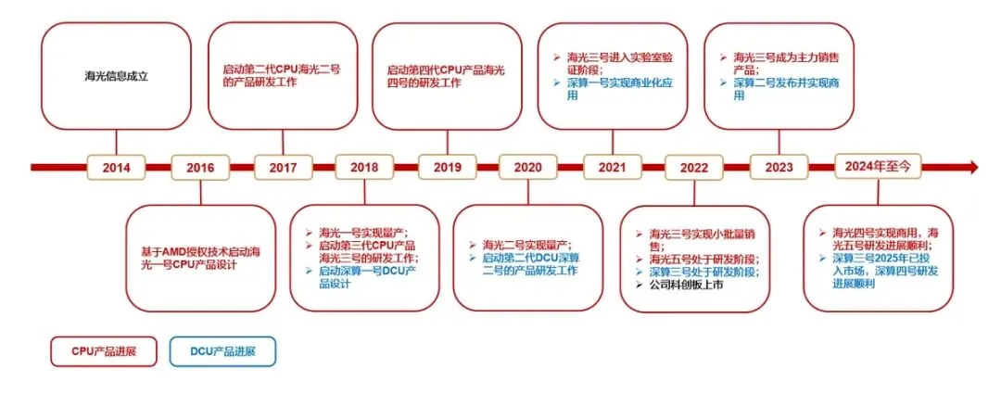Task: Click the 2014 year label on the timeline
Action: pyautogui.click(x=117, y=168)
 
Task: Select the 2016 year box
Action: pyautogui.click(x=200, y=168)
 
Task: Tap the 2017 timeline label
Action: pyautogui.click(x=282, y=168)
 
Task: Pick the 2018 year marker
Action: pyautogui.click(x=364, y=168)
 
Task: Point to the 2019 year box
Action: pyautogui.click(x=448, y=168)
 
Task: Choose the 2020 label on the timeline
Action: pyautogui.click(x=527, y=168)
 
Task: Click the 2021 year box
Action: pyautogui.click(x=612, y=168)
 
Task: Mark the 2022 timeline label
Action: pyautogui.click(x=693, y=168)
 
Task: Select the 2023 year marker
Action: pyautogui.click(x=778, y=168)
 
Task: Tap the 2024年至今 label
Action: pyautogui.click(x=879, y=168)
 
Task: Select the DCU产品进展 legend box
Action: pyautogui.click(x=222, y=351)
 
